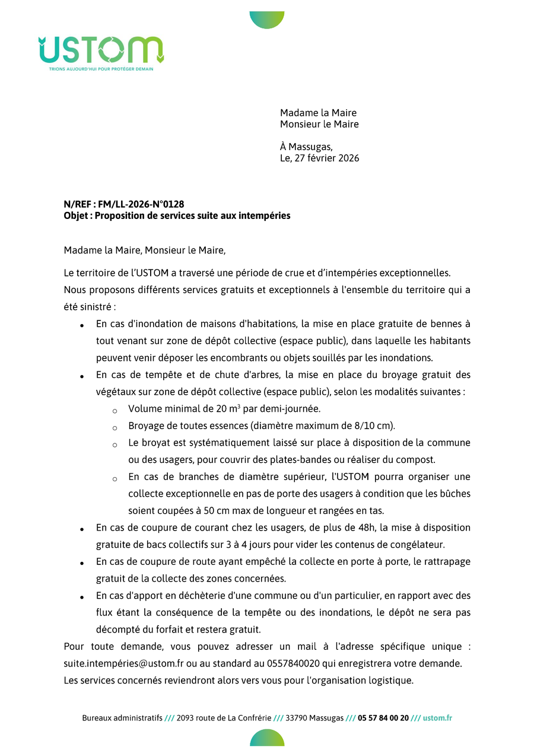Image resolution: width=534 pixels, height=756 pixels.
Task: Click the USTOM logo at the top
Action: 101,50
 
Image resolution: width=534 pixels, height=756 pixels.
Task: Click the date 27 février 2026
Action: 326,158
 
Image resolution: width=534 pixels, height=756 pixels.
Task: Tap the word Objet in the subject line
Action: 77,216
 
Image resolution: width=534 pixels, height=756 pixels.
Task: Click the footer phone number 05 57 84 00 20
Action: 383,718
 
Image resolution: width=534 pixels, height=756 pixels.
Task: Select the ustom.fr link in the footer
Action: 438,718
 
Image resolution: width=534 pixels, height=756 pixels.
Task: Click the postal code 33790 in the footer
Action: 296,718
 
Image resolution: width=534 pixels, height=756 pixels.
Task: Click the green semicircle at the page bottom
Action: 267,739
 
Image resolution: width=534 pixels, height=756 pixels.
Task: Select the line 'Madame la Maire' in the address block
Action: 318,113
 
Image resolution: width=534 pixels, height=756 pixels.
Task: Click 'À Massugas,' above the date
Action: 306,147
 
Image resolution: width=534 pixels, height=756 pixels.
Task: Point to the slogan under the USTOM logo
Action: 101,69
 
